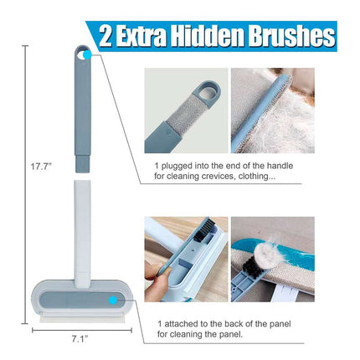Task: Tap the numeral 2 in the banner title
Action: tap(105, 36)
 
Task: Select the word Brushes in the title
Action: tap(291, 36)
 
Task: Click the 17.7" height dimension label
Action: tap(41, 167)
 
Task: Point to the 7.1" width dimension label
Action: tap(80, 339)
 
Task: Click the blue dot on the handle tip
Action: tap(87, 54)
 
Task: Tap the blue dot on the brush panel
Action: tap(113, 301)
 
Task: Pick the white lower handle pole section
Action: tap(83, 233)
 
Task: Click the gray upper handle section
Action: tap(83, 102)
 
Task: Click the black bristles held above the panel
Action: tap(204, 229)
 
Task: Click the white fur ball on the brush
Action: tap(268, 255)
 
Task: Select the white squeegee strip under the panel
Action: tap(82, 317)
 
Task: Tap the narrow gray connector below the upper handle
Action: tap(83, 164)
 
